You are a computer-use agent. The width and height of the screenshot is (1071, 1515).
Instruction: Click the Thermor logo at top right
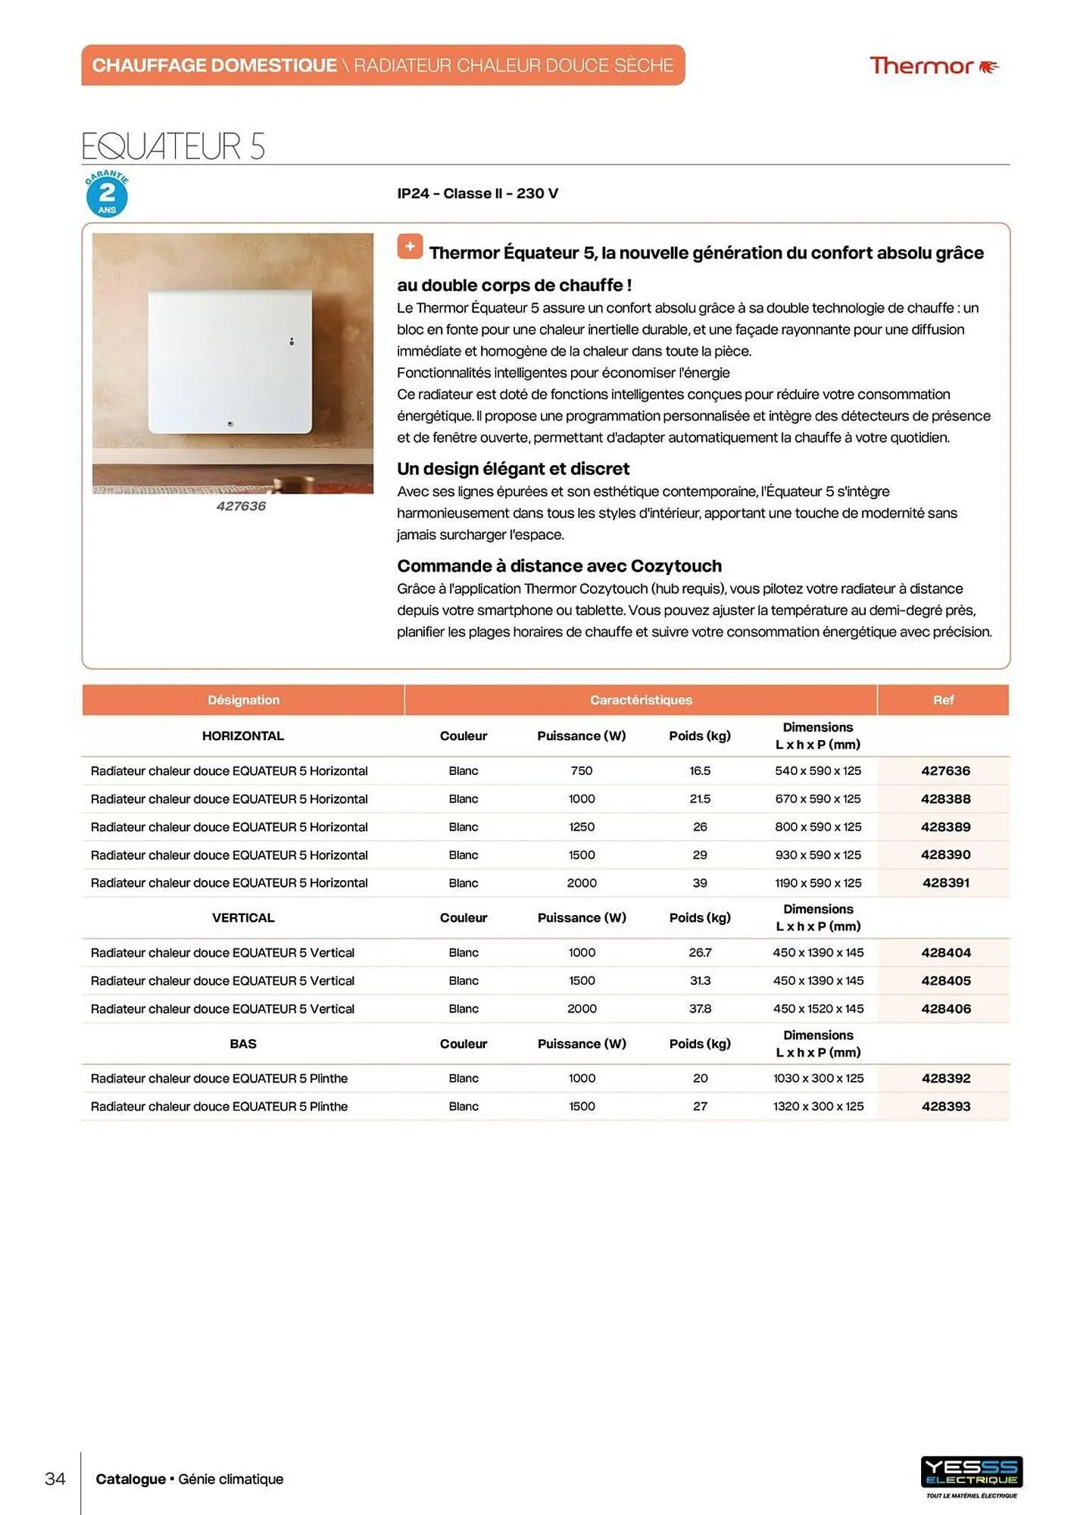pos(934,66)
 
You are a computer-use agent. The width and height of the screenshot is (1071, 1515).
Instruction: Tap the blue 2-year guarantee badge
pos(107,195)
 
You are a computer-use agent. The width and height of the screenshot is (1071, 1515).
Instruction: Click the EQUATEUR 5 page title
pos(173,146)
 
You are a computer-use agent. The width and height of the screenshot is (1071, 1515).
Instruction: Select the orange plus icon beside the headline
pos(410,246)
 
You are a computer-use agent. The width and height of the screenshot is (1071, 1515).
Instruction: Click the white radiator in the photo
pos(230,361)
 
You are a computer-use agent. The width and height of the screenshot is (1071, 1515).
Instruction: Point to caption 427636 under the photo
pos(241,506)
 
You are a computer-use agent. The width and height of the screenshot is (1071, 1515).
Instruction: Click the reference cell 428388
pos(945,799)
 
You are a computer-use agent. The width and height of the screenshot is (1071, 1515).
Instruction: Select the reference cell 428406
pos(945,1009)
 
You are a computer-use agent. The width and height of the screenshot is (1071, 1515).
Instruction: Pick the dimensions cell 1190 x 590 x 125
pos(818,883)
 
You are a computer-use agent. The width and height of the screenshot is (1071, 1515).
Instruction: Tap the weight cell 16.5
pos(700,771)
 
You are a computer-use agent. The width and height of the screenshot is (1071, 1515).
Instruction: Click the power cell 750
pos(582,771)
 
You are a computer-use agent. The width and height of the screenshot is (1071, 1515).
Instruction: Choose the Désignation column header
pos(243,700)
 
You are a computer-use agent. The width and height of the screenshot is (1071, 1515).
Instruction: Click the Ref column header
pos(943,700)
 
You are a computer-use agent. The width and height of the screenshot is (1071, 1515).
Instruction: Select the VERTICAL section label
pos(243,918)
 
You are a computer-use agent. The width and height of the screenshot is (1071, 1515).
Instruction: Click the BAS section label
pos(243,1044)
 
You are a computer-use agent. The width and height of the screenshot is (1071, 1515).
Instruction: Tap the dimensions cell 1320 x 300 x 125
pos(818,1107)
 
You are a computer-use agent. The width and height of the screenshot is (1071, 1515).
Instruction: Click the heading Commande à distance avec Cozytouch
pos(559,566)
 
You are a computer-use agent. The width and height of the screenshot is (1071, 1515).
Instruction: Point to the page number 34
pos(55,1479)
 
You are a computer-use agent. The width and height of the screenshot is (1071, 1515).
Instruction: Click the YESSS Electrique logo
pos(972,1473)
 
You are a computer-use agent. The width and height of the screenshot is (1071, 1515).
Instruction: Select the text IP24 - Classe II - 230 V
pos(477,193)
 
